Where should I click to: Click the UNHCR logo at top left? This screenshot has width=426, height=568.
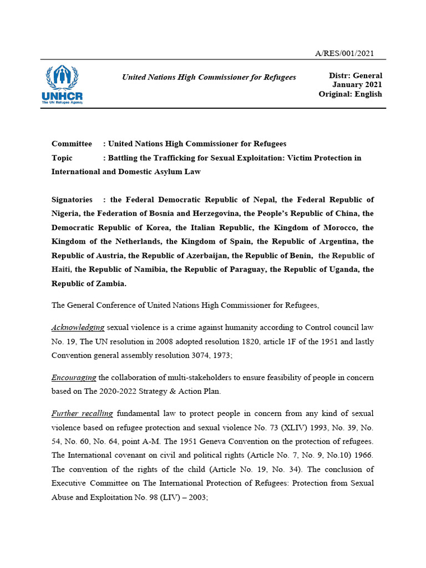(x=62, y=84)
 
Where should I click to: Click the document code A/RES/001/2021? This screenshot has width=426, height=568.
(x=344, y=53)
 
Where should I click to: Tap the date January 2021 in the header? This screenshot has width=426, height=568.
(x=357, y=85)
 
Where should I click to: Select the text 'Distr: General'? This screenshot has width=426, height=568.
(x=356, y=75)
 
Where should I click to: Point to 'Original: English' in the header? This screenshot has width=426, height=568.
(x=350, y=94)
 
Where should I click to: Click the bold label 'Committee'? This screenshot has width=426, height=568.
(x=72, y=144)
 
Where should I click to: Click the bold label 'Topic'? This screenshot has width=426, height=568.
(x=62, y=158)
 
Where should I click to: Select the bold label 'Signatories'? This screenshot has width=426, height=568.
(x=72, y=200)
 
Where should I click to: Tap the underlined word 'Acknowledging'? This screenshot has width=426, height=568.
(x=78, y=327)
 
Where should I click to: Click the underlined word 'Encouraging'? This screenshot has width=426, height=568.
(x=74, y=377)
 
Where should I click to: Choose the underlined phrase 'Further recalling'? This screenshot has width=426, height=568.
(x=82, y=413)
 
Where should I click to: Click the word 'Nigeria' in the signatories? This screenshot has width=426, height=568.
(x=65, y=214)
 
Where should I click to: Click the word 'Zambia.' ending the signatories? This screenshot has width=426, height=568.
(x=111, y=283)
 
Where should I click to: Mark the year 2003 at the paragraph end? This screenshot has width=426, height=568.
(x=197, y=498)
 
